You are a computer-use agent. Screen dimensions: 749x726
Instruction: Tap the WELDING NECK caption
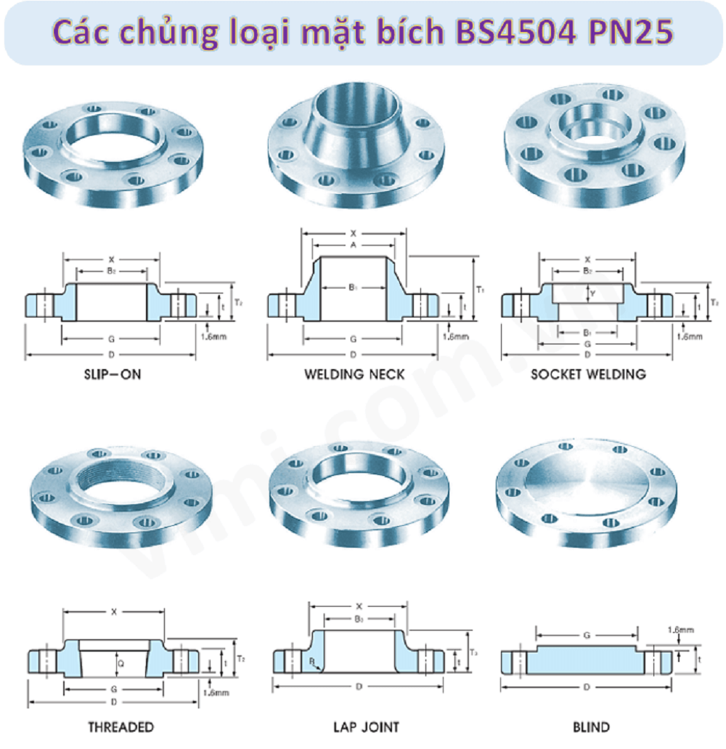pos(354,374)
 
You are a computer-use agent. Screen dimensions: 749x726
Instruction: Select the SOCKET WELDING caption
pos(587,374)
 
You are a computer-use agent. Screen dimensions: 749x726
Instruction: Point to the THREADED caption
pos(121,726)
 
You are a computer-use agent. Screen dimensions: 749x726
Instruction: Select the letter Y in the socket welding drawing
pos(592,293)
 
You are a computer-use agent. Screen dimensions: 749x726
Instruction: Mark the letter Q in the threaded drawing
pos(121,663)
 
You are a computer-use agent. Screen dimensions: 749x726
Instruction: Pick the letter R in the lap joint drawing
pos(311,661)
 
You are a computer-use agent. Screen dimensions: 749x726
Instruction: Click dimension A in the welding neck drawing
pos(353,246)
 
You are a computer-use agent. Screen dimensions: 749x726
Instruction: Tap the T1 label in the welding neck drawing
pos(480,288)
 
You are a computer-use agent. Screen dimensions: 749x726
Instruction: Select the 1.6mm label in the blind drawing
pos(680,630)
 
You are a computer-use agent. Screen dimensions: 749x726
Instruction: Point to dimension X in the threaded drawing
pos(114,612)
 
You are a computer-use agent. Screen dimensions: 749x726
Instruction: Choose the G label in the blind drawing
pos(587,636)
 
